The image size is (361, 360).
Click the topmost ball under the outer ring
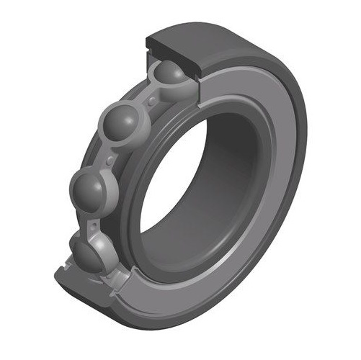coord(169,74)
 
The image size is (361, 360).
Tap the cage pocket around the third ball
coord(108,194)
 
